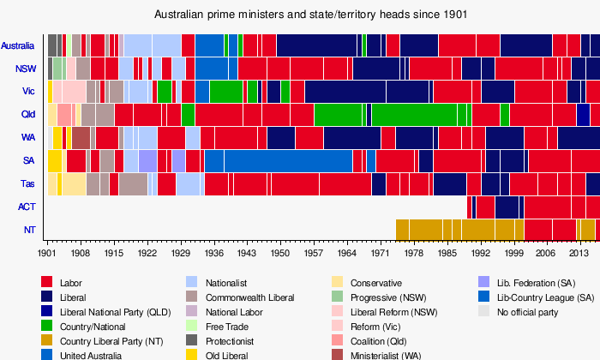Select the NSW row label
click(x=26, y=69)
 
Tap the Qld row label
click(x=27, y=115)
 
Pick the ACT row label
click(x=27, y=207)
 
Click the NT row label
click(x=29, y=230)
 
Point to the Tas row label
click(x=27, y=183)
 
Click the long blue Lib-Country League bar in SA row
click(x=288, y=160)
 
